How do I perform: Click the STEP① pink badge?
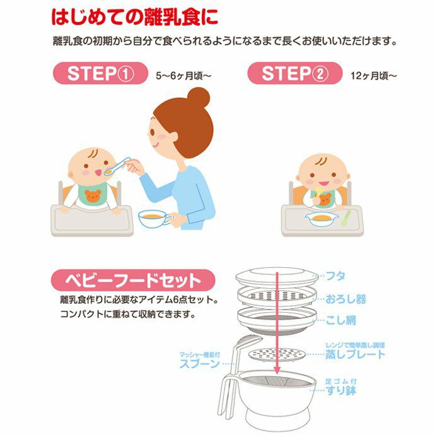(x=100, y=73)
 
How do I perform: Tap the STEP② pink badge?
(x=294, y=73)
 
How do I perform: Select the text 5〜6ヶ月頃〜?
(x=183, y=76)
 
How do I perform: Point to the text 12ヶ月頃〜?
(x=374, y=76)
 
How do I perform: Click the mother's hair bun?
(x=199, y=98)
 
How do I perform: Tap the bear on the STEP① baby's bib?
(x=93, y=195)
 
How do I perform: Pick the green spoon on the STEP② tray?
(x=345, y=217)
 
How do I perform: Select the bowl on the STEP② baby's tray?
(x=322, y=219)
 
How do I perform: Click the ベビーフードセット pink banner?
(x=133, y=280)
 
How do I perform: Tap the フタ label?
(x=335, y=275)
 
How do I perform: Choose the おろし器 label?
(x=345, y=299)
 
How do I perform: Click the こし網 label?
(x=340, y=320)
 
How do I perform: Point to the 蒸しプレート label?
(x=356, y=354)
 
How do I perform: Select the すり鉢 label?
(x=341, y=390)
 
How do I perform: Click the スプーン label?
(x=199, y=363)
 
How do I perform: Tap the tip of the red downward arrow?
(x=277, y=373)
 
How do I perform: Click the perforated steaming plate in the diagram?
(x=277, y=355)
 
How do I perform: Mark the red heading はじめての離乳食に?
(x=135, y=17)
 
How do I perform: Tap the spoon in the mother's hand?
(x=117, y=166)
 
